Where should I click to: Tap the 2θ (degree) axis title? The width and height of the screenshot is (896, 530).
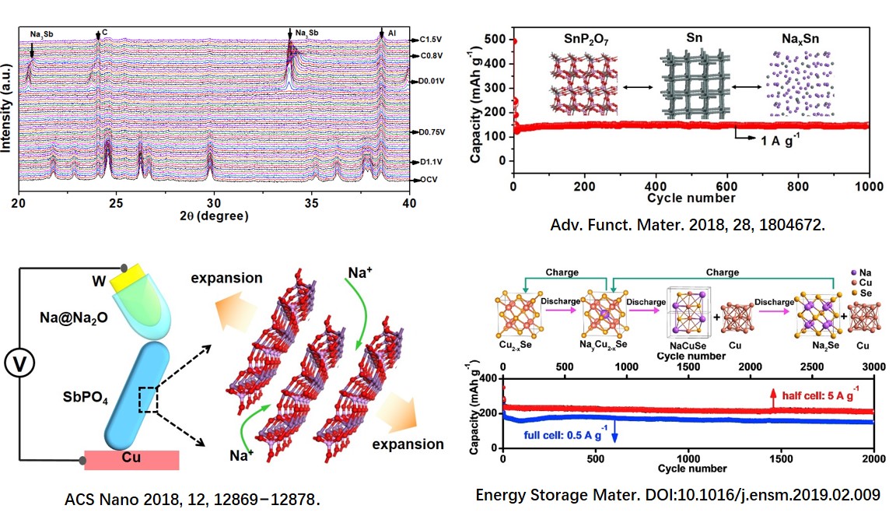point(212,216)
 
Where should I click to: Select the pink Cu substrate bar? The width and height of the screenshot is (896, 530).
point(131,460)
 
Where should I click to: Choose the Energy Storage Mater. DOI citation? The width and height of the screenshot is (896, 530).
point(678,493)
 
